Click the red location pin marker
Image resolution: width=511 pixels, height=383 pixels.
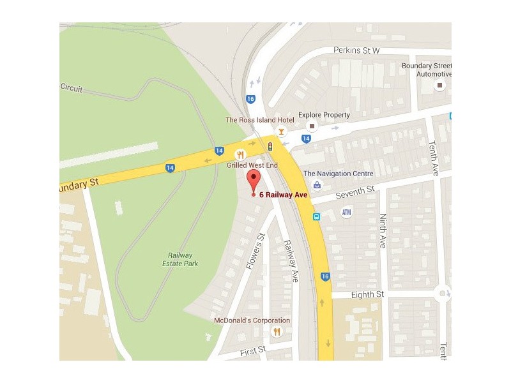pos(254,181)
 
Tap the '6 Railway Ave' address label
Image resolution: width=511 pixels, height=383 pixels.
pos(284,195)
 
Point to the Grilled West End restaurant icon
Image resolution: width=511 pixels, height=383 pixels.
pos(241,154)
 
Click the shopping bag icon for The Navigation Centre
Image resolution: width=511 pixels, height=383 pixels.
pos(317,185)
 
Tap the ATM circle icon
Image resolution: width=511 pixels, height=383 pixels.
pos(347,212)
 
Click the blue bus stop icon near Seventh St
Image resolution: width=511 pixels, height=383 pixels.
pos(316,217)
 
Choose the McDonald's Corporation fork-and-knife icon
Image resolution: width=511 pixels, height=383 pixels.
pos(277,331)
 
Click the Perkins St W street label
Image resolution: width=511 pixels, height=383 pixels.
pos(356,50)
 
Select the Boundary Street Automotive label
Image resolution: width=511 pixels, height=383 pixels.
pos(426,70)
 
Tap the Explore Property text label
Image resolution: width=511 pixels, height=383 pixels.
pos(324,115)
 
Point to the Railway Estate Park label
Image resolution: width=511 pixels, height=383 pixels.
pos(179,259)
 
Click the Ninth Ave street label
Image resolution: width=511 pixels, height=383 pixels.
pos(383,231)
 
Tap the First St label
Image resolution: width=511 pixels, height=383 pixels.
pos(254,350)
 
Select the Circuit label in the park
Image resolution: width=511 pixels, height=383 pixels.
pos(72,88)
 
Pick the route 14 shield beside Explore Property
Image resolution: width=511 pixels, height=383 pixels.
pos(306,139)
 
